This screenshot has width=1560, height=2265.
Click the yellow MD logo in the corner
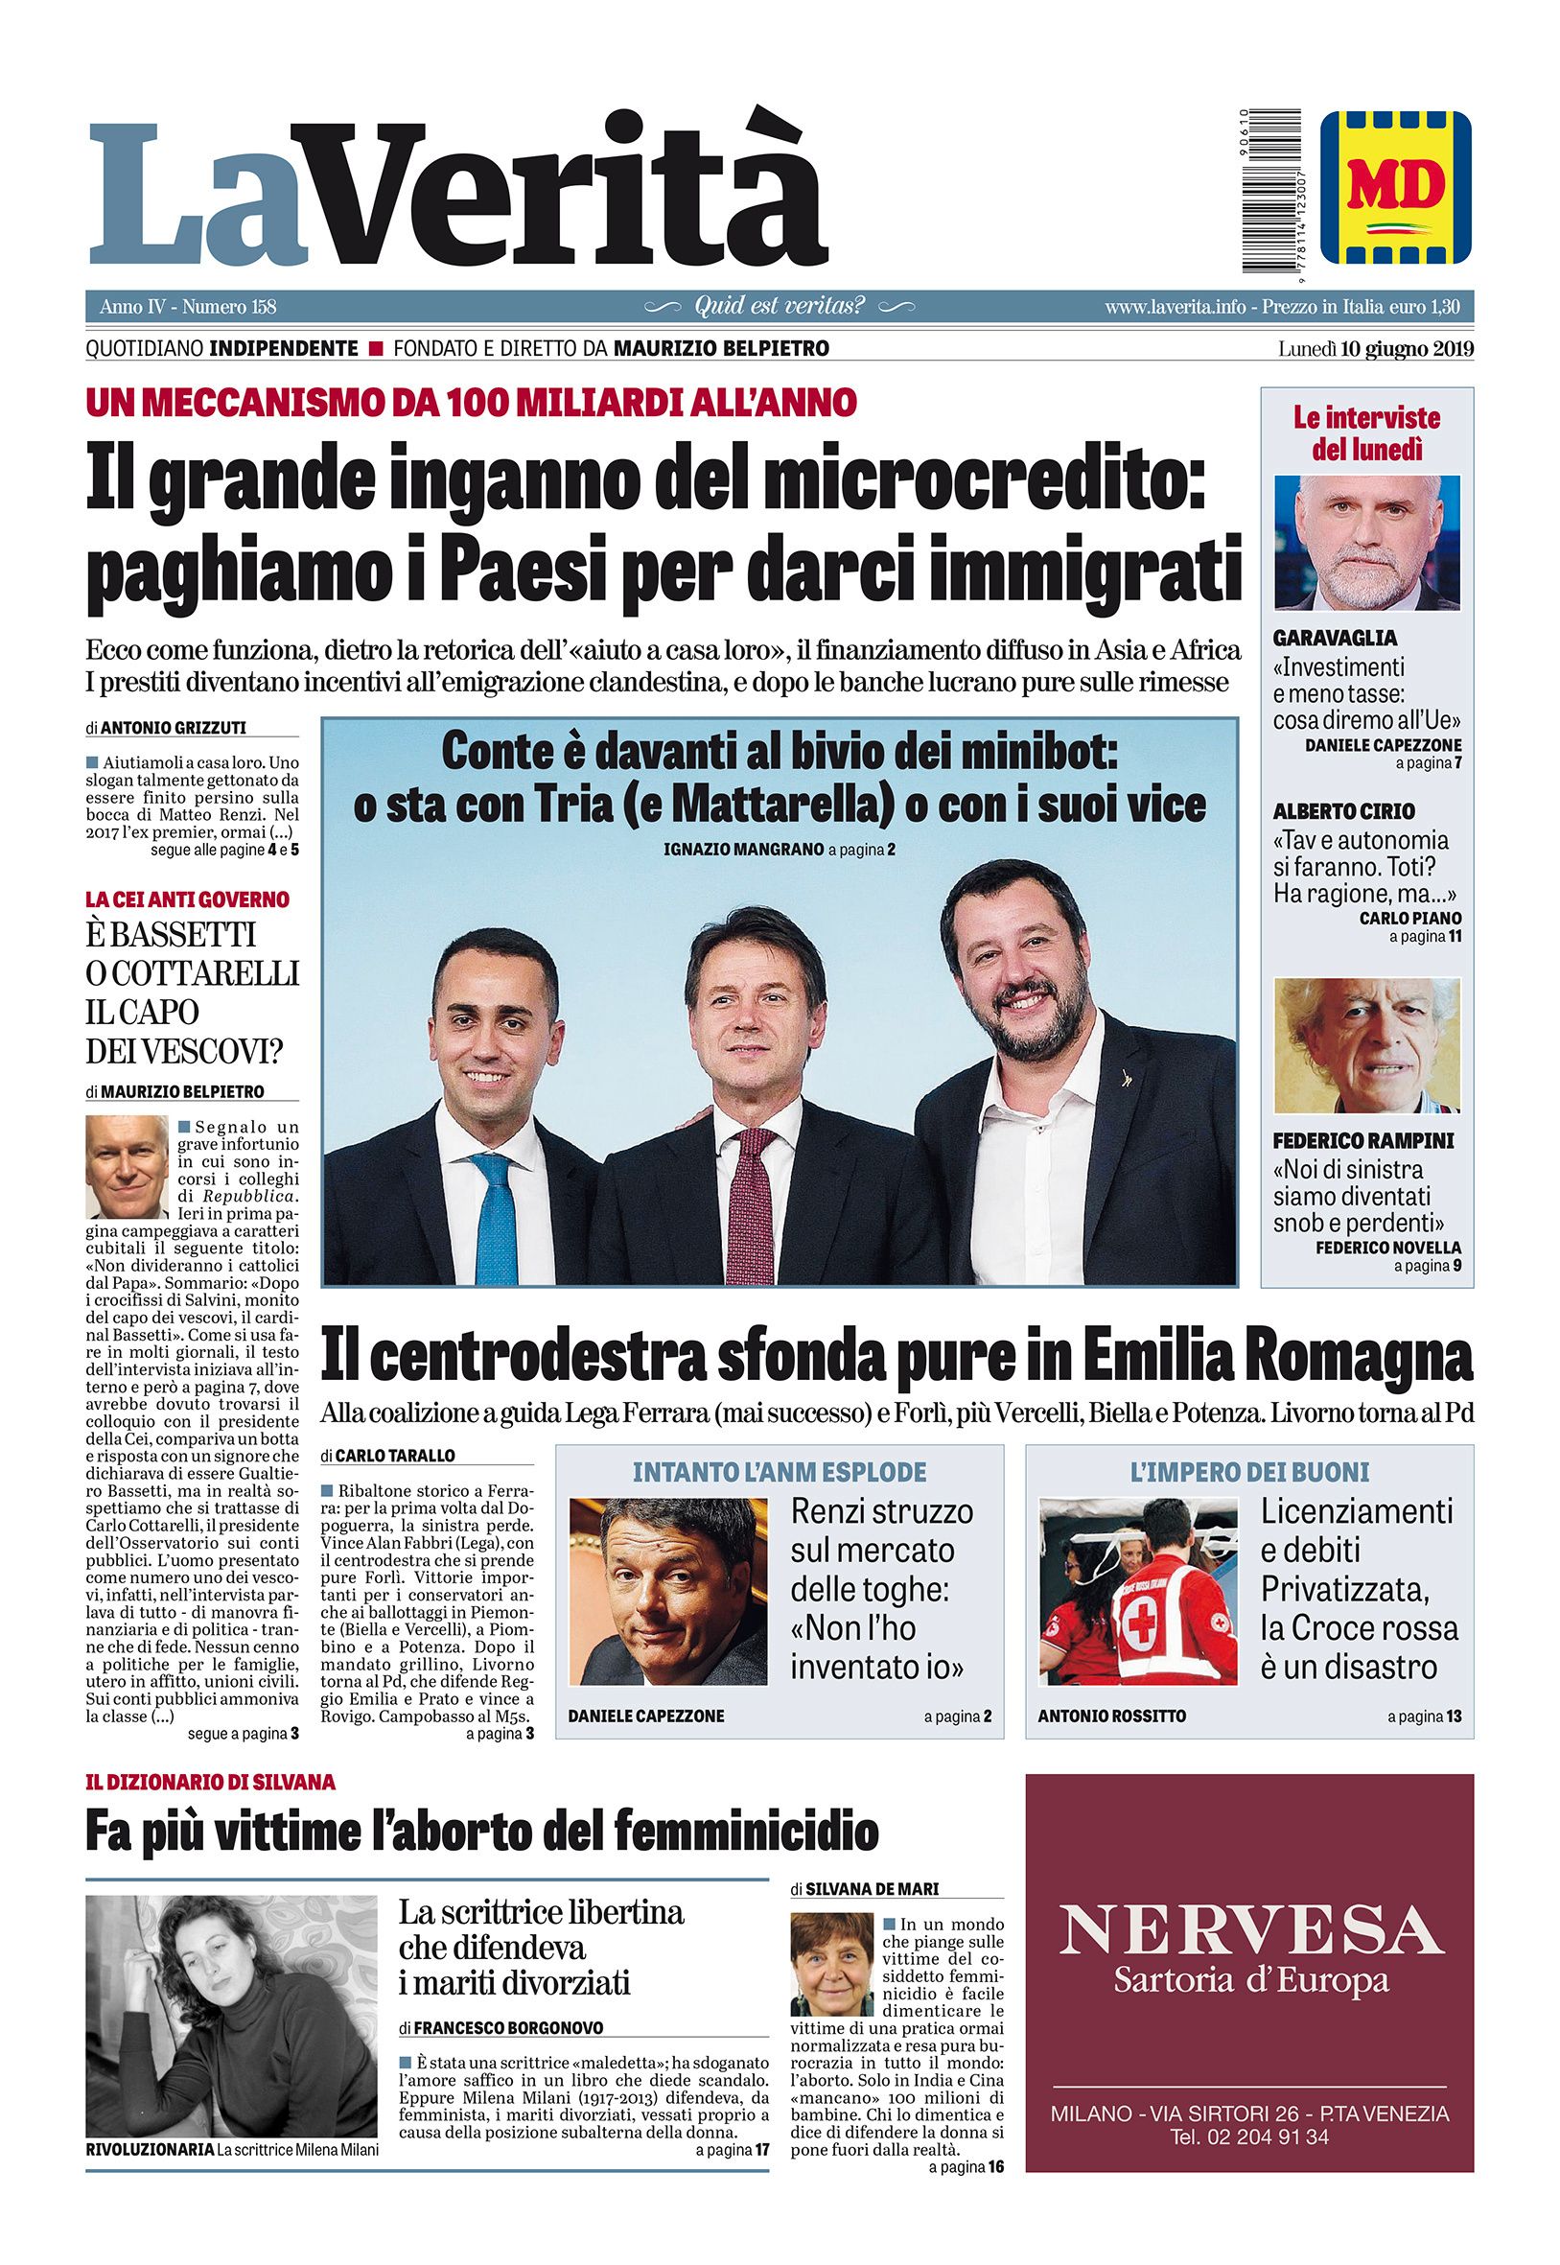click(x=1395, y=186)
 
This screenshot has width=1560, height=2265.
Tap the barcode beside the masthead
click(x=1266, y=193)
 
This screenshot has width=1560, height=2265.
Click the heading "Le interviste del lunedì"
click(x=1366, y=434)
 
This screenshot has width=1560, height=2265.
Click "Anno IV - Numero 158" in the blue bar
click(x=189, y=307)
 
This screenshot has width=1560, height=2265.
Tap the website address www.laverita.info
click(x=1175, y=307)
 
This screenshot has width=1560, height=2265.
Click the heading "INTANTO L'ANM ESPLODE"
click(x=779, y=1471)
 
